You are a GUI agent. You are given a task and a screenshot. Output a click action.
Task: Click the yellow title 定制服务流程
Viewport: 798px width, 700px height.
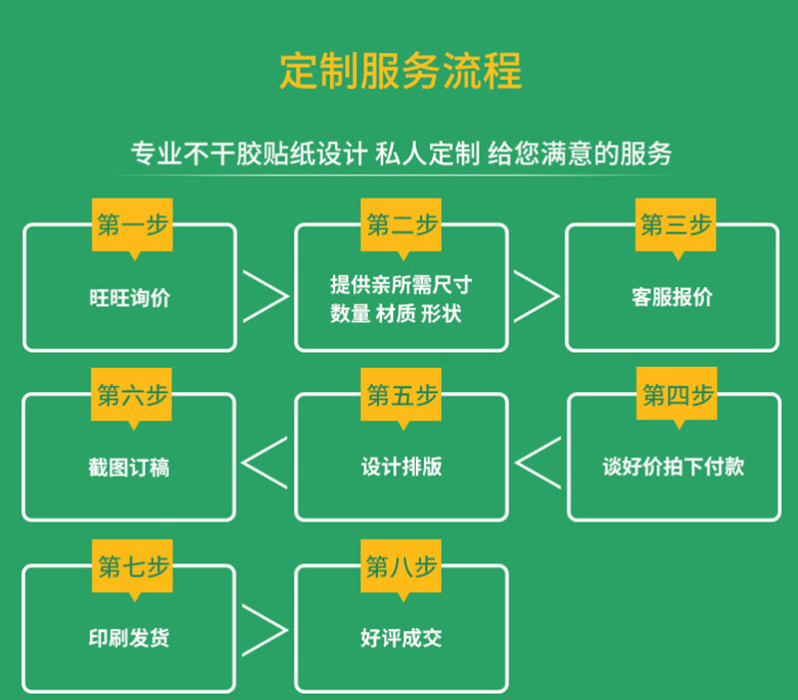click(x=401, y=71)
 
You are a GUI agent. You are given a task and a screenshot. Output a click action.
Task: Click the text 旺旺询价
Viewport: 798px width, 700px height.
click(x=130, y=297)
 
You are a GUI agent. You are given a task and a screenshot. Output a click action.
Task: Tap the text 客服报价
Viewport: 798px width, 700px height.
click(x=672, y=297)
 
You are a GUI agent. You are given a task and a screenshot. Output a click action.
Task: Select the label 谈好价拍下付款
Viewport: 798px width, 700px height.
click(x=674, y=467)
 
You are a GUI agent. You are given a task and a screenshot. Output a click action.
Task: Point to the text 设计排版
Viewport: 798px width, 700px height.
click(x=402, y=467)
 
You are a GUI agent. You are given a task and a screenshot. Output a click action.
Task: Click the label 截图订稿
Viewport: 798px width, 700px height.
click(x=129, y=468)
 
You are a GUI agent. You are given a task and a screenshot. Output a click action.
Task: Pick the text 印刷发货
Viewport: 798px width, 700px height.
click(x=129, y=638)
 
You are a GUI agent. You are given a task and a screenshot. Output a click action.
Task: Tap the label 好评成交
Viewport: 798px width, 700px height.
click(x=402, y=638)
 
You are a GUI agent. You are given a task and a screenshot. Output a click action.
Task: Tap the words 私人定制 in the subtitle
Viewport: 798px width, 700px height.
click(x=428, y=154)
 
